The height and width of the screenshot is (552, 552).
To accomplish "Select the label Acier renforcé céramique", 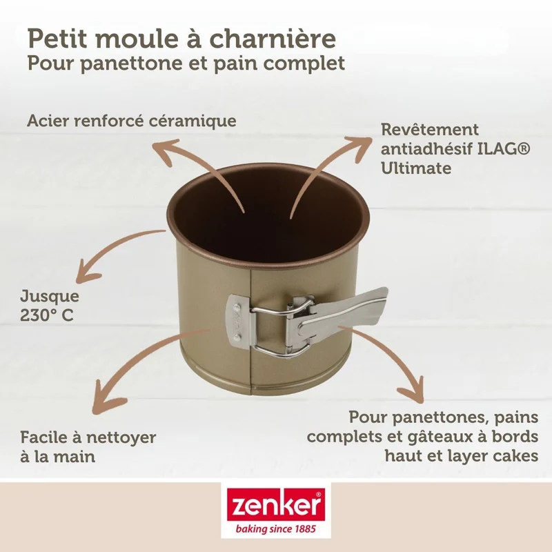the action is coord(132,121).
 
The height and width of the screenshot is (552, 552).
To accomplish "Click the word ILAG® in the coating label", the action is coord(503,148).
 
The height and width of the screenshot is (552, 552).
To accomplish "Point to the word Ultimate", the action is coord(416,168).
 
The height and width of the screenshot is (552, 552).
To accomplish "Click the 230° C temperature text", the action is coord(46,315).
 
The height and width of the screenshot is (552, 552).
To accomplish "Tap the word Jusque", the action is coord(50,297).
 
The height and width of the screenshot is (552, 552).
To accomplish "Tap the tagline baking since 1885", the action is coord(276,529).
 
